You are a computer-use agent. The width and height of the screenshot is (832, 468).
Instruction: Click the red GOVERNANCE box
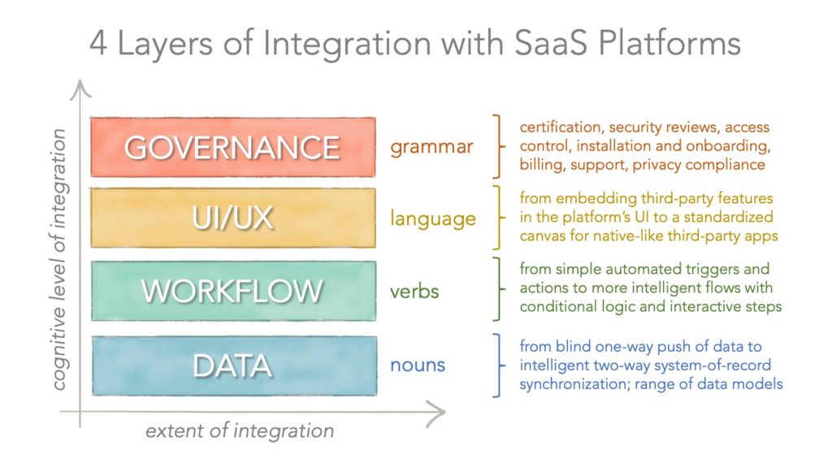(x=233, y=147)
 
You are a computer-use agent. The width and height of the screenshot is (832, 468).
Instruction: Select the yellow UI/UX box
(x=233, y=218)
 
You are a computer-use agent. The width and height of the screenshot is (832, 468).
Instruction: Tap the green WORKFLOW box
(x=233, y=291)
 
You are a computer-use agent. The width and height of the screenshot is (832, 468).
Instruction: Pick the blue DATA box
(x=233, y=366)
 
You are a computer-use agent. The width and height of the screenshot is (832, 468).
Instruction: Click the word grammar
(x=431, y=148)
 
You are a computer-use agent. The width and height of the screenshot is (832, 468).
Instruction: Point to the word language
(x=432, y=219)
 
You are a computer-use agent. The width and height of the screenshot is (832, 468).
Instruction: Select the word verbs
(x=414, y=291)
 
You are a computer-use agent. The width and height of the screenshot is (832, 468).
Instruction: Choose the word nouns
(x=418, y=366)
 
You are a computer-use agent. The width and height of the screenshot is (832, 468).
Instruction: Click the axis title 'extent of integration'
(x=240, y=431)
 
